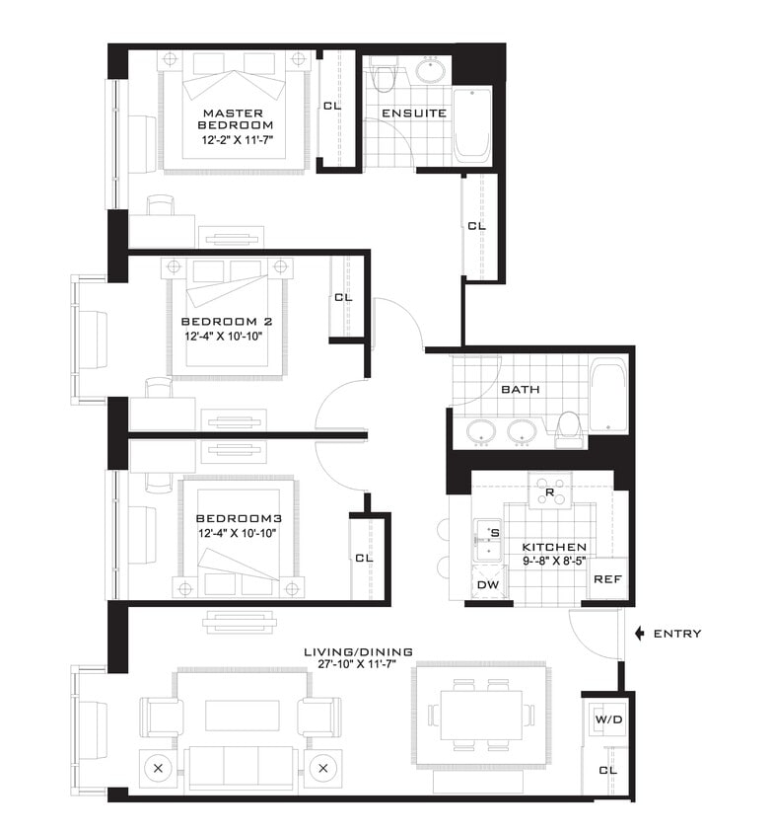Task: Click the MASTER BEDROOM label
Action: click(x=235, y=118)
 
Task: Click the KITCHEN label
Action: click(x=554, y=547)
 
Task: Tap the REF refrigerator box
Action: click(x=606, y=579)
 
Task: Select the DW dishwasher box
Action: click(x=488, y=584)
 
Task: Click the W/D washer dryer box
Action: click(x=607, y=719)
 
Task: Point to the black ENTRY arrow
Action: click(x=640, y=633)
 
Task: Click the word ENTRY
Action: click(x=677, y=634)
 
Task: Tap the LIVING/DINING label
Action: click(x=359, y=651)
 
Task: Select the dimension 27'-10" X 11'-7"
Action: click(x=359, y=665)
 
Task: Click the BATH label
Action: click(x=520, y=389)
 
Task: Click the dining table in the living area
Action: click(x=481, y=715)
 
